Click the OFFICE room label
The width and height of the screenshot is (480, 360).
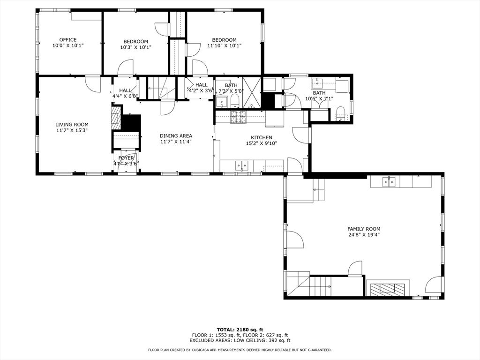(x=67, y=40)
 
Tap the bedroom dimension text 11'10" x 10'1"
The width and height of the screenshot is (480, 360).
(x=224, y=46)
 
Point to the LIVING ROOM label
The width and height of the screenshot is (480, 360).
(x=72, y=125)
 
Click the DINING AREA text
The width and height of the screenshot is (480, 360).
(x=176, y=135)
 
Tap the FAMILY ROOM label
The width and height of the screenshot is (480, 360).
(x=363, y=229)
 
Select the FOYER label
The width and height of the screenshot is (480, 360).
(x=126, y=158)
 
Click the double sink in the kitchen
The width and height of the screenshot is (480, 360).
(x=242, y=165)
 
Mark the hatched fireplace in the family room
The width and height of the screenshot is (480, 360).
(x=387, y=289)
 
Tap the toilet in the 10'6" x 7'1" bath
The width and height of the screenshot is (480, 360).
(x=340, y=112)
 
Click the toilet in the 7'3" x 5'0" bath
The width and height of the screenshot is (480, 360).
(x=234, y=102)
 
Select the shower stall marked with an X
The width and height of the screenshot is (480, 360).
(x=252, y=92)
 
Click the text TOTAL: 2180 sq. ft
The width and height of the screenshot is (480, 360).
(x=240, y=329)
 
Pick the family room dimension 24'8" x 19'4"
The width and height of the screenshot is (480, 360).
(x=363, y=235)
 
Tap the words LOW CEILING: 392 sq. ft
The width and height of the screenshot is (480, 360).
(x=265, y=341)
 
